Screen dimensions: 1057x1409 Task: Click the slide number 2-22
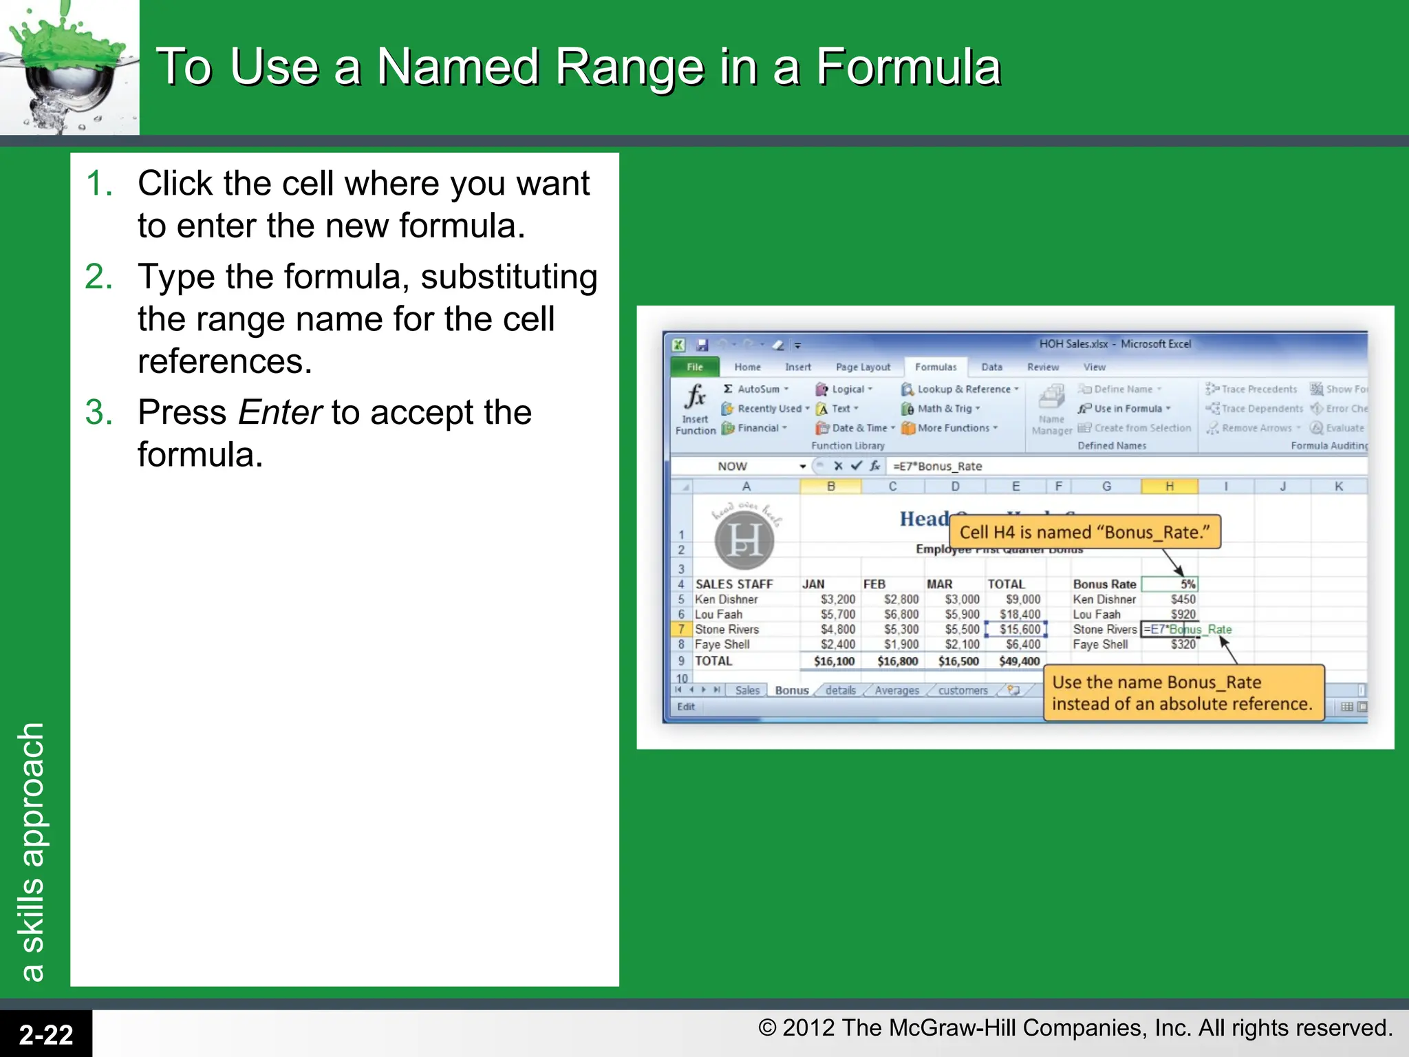(46, 1034)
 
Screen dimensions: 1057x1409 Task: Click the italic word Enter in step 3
(280, 412)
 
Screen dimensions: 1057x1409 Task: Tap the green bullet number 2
(98, 277)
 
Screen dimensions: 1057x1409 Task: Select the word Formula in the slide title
(908, 67)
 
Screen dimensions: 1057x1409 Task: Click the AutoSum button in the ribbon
(756, 389)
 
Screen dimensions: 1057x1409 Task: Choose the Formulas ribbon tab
(935, 367)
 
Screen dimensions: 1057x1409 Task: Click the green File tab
(694, 367)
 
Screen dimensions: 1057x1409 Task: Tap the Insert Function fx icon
(695, 397)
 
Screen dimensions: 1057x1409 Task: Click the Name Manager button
(1051, 409)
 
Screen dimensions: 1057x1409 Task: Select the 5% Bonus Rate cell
(1170, 584)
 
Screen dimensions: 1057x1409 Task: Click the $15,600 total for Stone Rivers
(1018, 630)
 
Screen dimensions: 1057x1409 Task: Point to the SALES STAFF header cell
(734, 584)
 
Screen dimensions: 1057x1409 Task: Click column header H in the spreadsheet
(1169, 487)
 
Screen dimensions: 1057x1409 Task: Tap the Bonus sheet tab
(791, 690)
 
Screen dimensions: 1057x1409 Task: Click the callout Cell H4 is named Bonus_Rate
(1084, 532)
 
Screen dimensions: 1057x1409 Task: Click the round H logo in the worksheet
(744, 540)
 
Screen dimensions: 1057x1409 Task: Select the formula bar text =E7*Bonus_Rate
(937, 467)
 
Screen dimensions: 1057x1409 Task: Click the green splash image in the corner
(69, 67)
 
